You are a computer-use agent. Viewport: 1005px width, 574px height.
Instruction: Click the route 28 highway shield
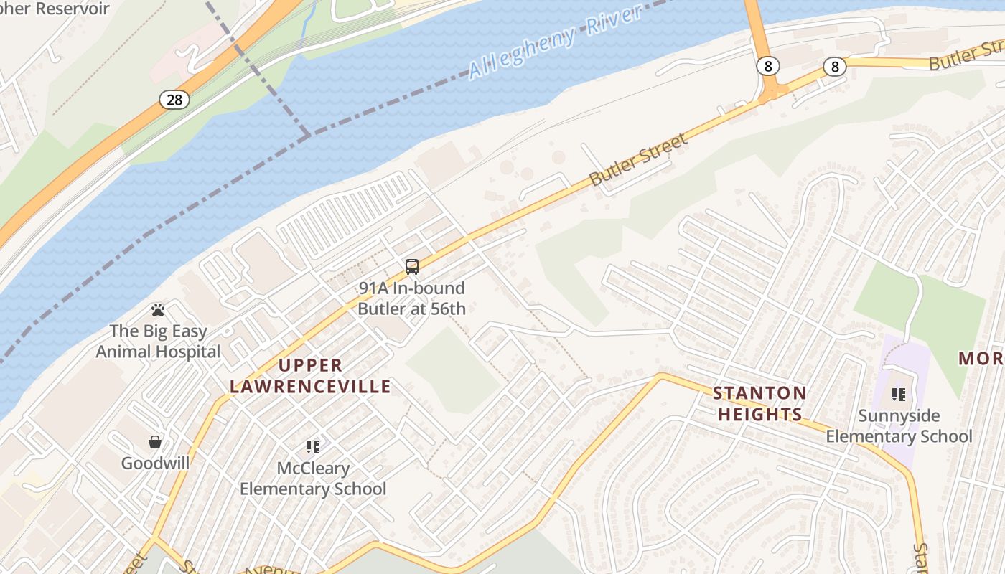pos(174,100)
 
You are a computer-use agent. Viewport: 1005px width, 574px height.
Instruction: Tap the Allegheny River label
pos(553,43)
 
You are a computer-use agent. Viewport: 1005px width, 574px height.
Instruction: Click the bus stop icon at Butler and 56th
pos(412,267)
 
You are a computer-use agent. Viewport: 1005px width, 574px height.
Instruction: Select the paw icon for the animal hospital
pos(158,310)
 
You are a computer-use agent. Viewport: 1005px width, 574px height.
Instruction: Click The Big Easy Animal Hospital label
pos(158,342)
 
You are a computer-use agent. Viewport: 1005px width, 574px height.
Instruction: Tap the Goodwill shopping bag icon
pos(155,441)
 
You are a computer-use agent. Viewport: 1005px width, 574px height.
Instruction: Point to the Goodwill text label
pos(155,463)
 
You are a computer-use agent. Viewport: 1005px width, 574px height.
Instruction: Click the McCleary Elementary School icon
pos(313,447)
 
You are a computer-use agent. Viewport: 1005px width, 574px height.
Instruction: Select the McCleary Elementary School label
pos(313,479)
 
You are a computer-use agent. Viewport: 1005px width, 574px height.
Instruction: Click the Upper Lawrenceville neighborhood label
pos(310,376)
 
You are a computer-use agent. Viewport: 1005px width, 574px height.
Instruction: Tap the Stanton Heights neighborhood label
pos(760,403)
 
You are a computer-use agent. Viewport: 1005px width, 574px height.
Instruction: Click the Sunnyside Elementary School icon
pos(898,394)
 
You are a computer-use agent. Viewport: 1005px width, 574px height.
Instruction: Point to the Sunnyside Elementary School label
pos(898,426)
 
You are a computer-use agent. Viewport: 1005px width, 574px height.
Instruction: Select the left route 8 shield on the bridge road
pos(767,67)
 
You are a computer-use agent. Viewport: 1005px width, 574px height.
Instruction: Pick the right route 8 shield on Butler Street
pos(834,67)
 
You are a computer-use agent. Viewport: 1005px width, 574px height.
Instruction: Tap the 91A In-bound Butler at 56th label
pos(411,298)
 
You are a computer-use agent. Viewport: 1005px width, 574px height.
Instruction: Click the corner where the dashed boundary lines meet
pos(309,134)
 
